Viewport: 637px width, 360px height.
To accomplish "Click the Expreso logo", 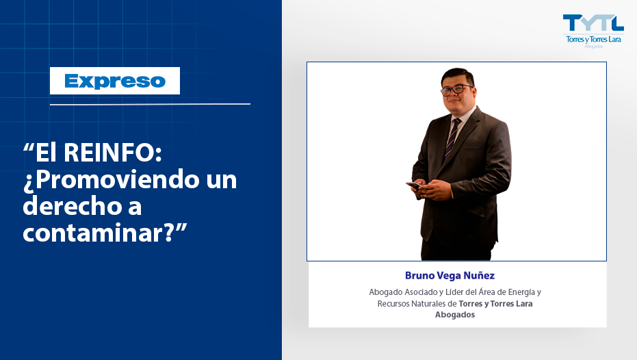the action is pyautogui.click(x=115, y=81).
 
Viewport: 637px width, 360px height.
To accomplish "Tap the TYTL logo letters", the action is pyautogui.click(x=593, y=23).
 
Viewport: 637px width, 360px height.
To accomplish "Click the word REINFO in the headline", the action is pyautogui.click(x=112, y=153).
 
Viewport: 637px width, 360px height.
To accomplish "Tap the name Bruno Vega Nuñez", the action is pyautogui.click(x=450, y=276).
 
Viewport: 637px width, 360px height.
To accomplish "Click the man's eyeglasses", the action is pyautogui.click(x=456, y=90).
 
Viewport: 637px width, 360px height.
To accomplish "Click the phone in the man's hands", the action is pyautogui.click(x=413, y=185).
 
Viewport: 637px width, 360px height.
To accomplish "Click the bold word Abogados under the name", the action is pyautogui.click(x=455, y=315).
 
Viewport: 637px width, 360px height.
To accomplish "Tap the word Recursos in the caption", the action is pyautogui.click(x=393, y=303).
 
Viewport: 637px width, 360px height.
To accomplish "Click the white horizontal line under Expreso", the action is pyautogui.click(x=150, y=105).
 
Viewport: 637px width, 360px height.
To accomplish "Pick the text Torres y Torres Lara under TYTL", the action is pyautogui.click(x=593, y=40).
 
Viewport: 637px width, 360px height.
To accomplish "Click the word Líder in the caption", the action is pyautogui.click(x=454, y=292).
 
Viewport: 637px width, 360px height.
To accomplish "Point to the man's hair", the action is pyautogui.click(x=458, y=76).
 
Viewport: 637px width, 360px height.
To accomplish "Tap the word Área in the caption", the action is pyautogui.click(x=486, y=292).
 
